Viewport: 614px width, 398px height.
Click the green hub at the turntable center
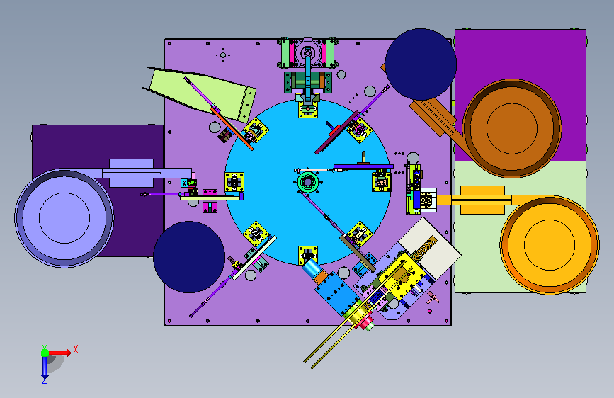[x=307, y=182]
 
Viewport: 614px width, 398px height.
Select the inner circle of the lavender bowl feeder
[x=64, y=218]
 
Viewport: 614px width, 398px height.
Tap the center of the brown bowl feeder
[x=512, y=128]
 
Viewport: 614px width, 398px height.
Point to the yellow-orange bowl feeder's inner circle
[x=550, y=245]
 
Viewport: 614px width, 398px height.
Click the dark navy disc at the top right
[x=421, y=64]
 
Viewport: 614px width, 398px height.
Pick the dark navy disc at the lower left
[x=189, y=257]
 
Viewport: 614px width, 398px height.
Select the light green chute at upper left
[x=201, y=93]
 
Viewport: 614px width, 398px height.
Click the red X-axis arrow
[x=59, y=353]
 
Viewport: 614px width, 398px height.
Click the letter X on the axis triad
[x=76, y=349]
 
